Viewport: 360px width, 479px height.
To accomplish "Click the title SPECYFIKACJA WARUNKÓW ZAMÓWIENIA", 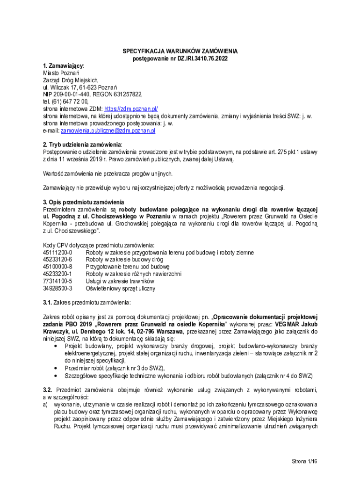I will pos(180,51).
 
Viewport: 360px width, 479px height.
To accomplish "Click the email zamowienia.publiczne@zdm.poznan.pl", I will pos(108,131).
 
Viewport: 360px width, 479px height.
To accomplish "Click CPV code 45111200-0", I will pos(58,253).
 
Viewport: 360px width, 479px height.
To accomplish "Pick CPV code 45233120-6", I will pos(58,260).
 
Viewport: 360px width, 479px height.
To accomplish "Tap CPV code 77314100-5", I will pos(58,282).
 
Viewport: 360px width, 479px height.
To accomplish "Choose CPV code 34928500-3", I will pos(58,289).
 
